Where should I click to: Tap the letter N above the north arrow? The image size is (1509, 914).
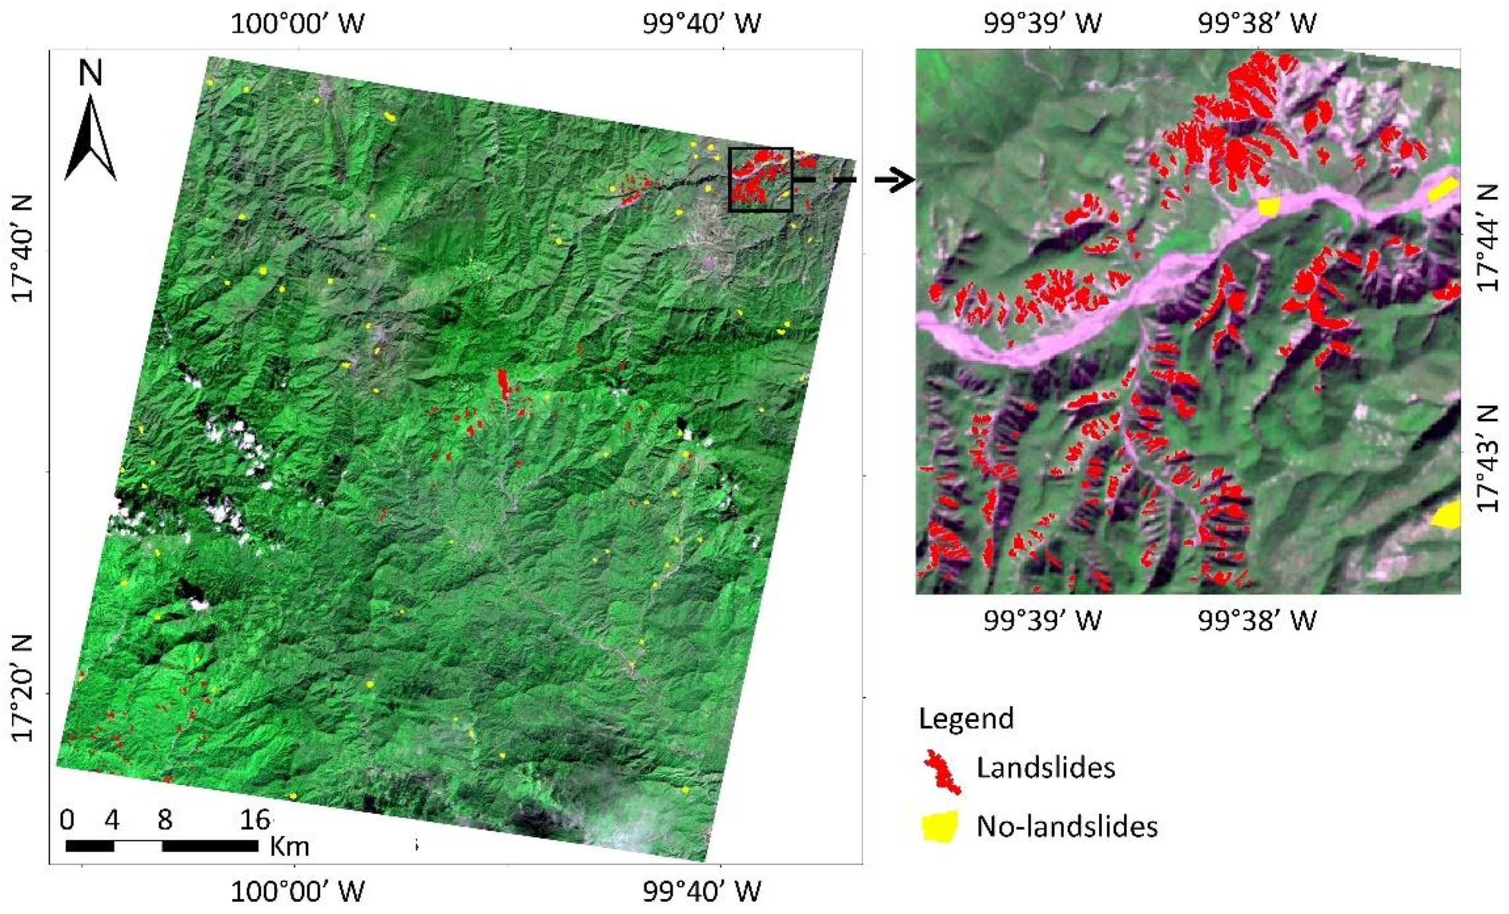(x=91, y=72)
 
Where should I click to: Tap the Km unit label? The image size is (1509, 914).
(x=289, y=846)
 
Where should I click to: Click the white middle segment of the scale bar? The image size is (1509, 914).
(x=138, y=846)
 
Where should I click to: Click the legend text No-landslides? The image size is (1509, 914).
(x=1067, y=826)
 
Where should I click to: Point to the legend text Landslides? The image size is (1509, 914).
(x=1045, y=767)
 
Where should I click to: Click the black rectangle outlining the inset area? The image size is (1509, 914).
(x=761, y=149)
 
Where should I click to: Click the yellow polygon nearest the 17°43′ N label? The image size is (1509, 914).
(x=1448, y=515)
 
